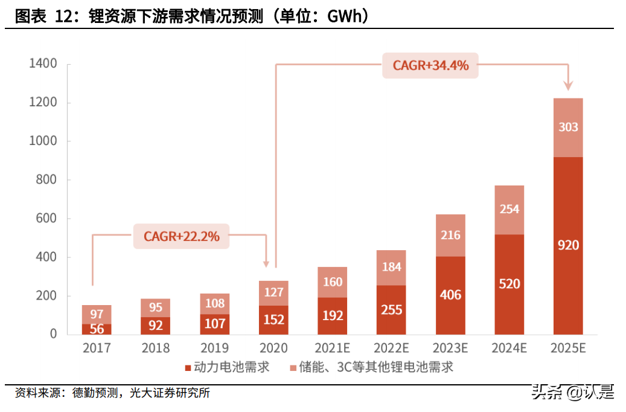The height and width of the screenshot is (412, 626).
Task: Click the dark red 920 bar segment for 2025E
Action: (x=568, y=245)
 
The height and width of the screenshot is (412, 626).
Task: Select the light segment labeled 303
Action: (x=568, y=127)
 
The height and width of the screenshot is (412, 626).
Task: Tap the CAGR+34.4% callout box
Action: (x=430, y=65)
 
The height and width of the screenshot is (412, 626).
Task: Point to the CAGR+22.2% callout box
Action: (x=181, y=236)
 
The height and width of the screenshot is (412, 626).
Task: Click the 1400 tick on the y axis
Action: (x=43, y=64)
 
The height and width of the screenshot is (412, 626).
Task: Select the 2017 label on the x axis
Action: (x=97, y=349)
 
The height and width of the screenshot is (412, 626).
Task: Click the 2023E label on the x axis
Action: (x=450, y=349)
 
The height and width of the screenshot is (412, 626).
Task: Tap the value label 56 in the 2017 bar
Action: (x=97, y=329)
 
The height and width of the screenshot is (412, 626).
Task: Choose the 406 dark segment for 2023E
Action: (x=450, y=295)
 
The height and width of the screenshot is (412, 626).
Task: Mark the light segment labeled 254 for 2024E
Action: (x=509, y=210)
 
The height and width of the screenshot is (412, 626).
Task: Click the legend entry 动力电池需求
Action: (x=227, y=367)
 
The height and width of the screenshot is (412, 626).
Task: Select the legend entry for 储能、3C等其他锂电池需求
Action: (x=371, y=367)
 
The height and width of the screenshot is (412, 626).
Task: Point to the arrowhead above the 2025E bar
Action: (x=568, y=86)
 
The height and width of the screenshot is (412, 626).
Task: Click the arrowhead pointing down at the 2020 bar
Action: (x=266, y=263)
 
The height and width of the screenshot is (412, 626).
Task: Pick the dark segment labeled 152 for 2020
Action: (x=274, y=320)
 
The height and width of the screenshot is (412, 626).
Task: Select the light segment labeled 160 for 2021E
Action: (x=333, y=282)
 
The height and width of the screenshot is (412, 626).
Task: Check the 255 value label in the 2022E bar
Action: (x=391, y=309)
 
